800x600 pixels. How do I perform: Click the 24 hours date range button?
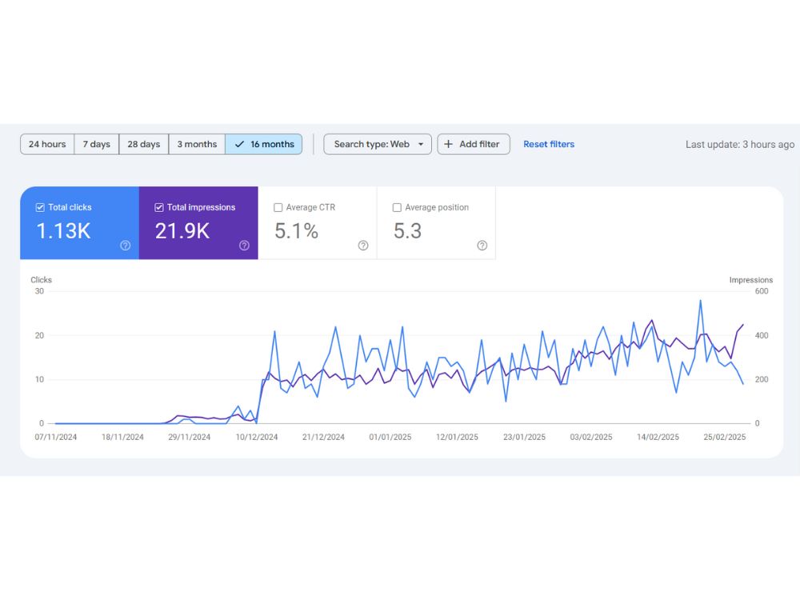(47, 144)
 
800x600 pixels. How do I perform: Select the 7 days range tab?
(97, 144)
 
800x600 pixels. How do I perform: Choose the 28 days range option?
(144, 144)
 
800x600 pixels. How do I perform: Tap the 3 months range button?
(197, 144)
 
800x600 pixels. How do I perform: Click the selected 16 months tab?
(264, 144)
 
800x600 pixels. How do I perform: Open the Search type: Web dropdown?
(378, 144)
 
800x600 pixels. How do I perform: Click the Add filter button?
(474, 144)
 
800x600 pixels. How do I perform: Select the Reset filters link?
(549, 144)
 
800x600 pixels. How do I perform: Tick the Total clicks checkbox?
(40, 208)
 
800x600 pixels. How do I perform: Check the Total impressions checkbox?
(159, 208)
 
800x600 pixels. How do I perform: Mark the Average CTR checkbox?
(278, 208)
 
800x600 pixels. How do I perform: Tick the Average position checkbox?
(397, 208)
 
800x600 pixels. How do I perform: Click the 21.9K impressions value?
(182, 231)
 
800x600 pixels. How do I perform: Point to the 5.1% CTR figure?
(297, 231)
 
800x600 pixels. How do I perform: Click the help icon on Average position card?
(482, 246)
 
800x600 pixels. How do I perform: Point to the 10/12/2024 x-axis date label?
(257, 438)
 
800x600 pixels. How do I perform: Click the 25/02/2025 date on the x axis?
(725, 438)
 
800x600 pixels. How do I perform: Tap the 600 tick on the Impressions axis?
(762, 291)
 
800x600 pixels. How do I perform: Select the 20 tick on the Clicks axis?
(39, 335)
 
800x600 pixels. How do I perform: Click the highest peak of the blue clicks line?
(701, 301)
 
